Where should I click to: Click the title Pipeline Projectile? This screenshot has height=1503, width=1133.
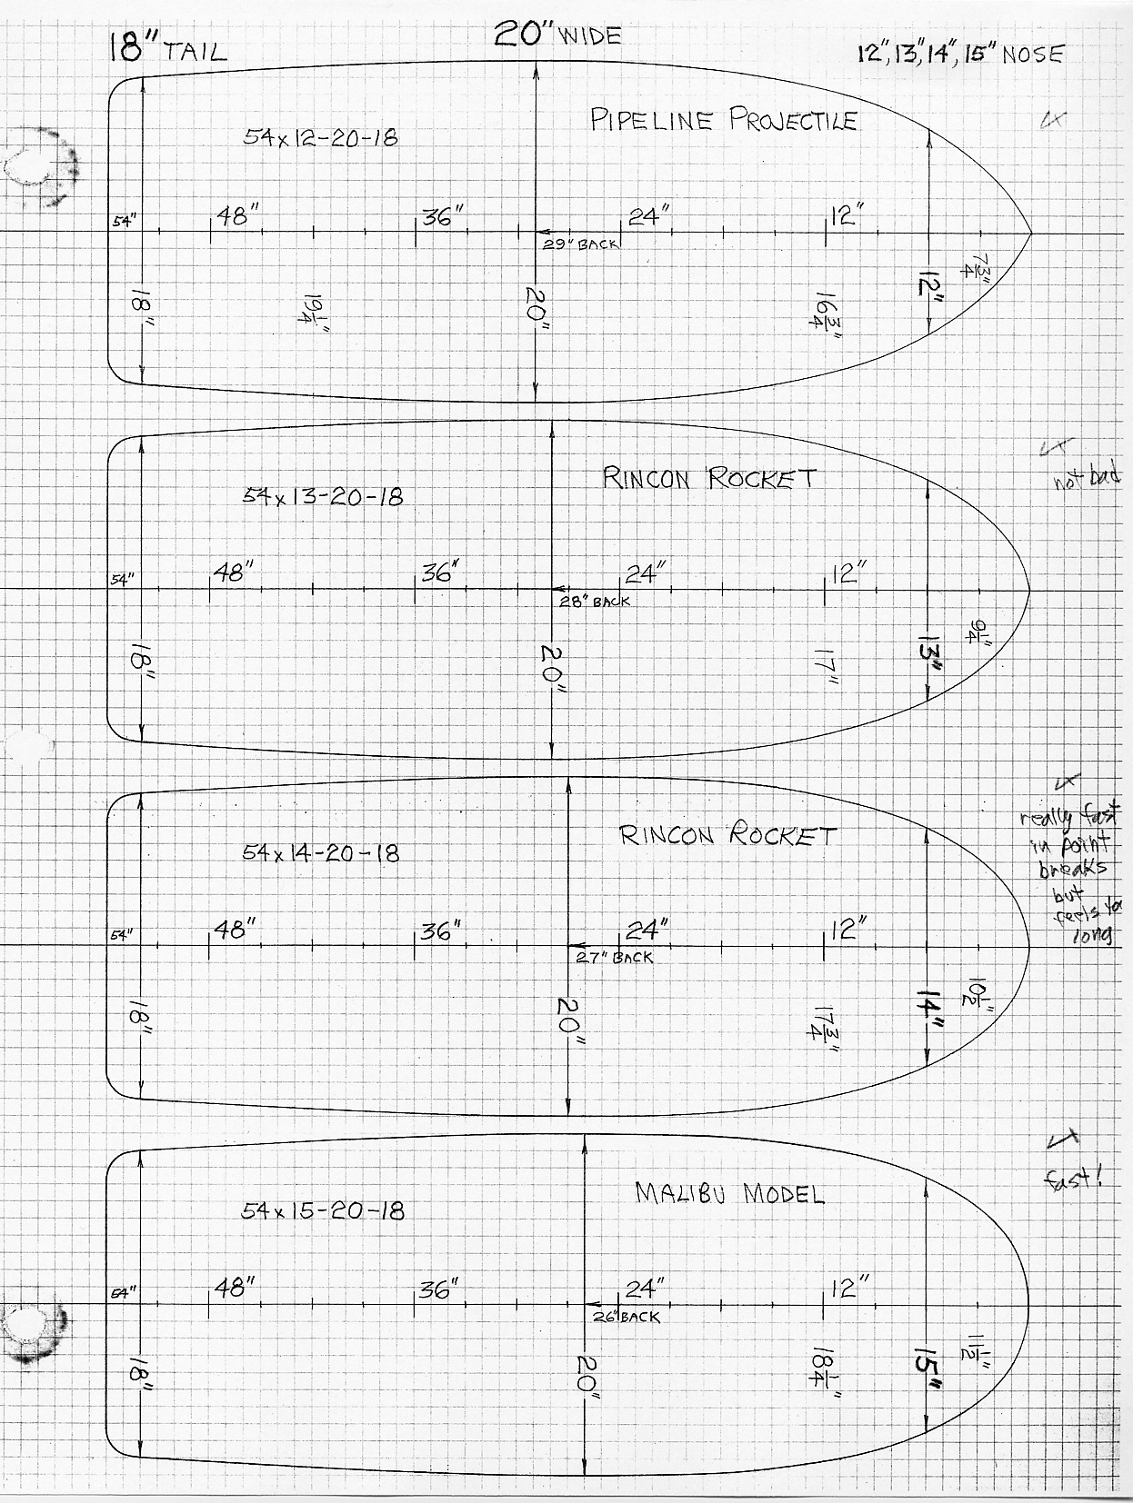tap(723, 120)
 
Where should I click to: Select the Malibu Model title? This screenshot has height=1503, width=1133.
tap(729, 1194)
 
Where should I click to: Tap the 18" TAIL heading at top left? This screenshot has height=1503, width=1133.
tap(166, 47)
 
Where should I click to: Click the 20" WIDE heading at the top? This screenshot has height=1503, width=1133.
tap(557, 35)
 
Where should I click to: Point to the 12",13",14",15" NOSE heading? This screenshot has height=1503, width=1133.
tap(960, 54)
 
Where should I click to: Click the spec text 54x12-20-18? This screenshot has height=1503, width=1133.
tap(320, 139)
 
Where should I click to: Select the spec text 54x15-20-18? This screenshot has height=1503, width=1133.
tap(323, 1210)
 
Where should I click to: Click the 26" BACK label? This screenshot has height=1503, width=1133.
tap(627, 1317)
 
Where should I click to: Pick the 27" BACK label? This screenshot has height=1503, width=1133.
tap(615, 958)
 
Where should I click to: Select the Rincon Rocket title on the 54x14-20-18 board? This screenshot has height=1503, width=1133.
tap(727, 836)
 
